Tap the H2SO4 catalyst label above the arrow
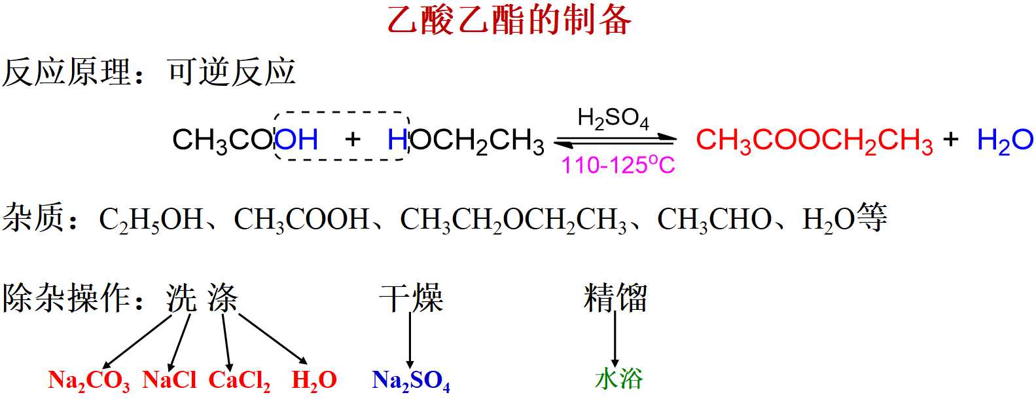point(613,119)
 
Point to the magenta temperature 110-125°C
point(618,165)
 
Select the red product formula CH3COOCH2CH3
point(814,141)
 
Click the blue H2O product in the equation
point(1005,141)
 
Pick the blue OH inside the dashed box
point(296,140)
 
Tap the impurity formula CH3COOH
point(302,219)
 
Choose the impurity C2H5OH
point(151,219)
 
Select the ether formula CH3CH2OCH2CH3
point(513,219)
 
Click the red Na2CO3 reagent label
point(89,380)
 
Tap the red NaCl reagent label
point(169,379)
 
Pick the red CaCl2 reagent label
point(240,380)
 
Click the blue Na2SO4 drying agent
point(411,380)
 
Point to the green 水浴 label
point(619,379)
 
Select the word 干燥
point(411,298)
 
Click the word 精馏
point(615,298)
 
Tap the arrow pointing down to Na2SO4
point(410,341)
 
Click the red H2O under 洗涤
point(314,380)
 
